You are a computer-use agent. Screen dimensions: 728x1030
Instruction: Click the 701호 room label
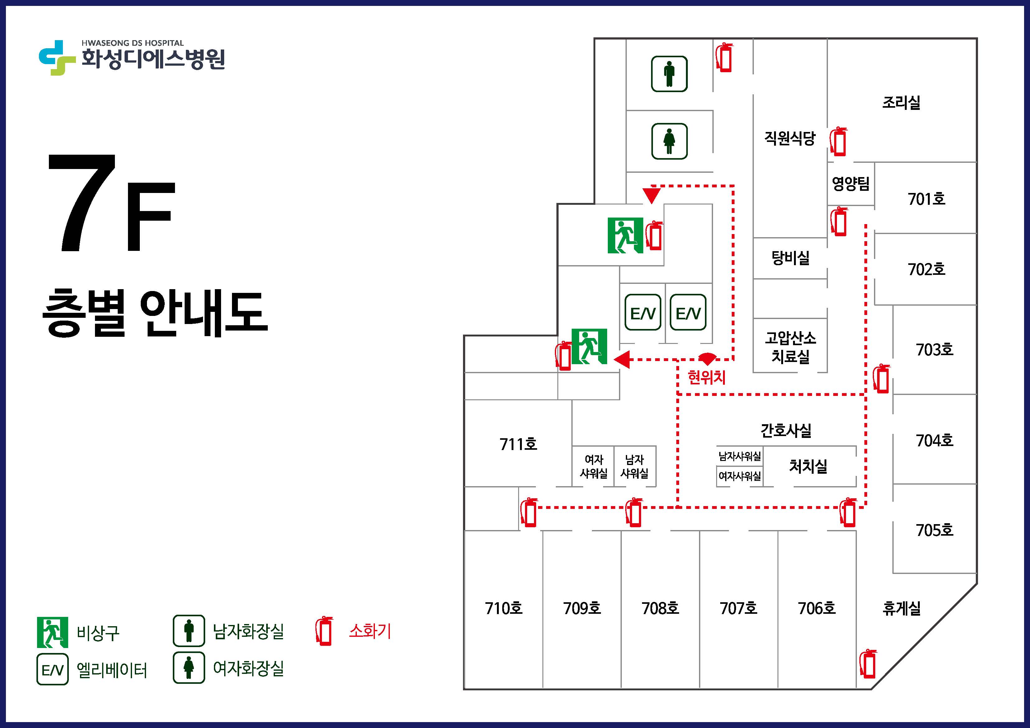[x=926, y=199]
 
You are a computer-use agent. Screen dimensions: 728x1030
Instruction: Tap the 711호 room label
[x=518, y=444]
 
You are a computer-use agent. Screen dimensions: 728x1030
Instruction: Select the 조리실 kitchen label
[x=901, y=102]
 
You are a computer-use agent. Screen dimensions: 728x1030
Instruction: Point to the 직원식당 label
[x=790, y=138]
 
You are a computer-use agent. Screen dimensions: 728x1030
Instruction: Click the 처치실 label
[x=808, y=466]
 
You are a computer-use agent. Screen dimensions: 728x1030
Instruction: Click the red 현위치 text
[x=706, y=377]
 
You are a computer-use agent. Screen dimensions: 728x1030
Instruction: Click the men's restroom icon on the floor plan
[x=669, y=74]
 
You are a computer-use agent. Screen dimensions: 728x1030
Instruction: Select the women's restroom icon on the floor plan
[x=669, y=141]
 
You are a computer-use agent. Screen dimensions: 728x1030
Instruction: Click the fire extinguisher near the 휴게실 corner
[x=868, y=664]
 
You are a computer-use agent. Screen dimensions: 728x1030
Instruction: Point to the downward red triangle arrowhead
[x=651, y=195]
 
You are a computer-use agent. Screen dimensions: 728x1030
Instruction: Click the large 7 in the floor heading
[x=83, y=203]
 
